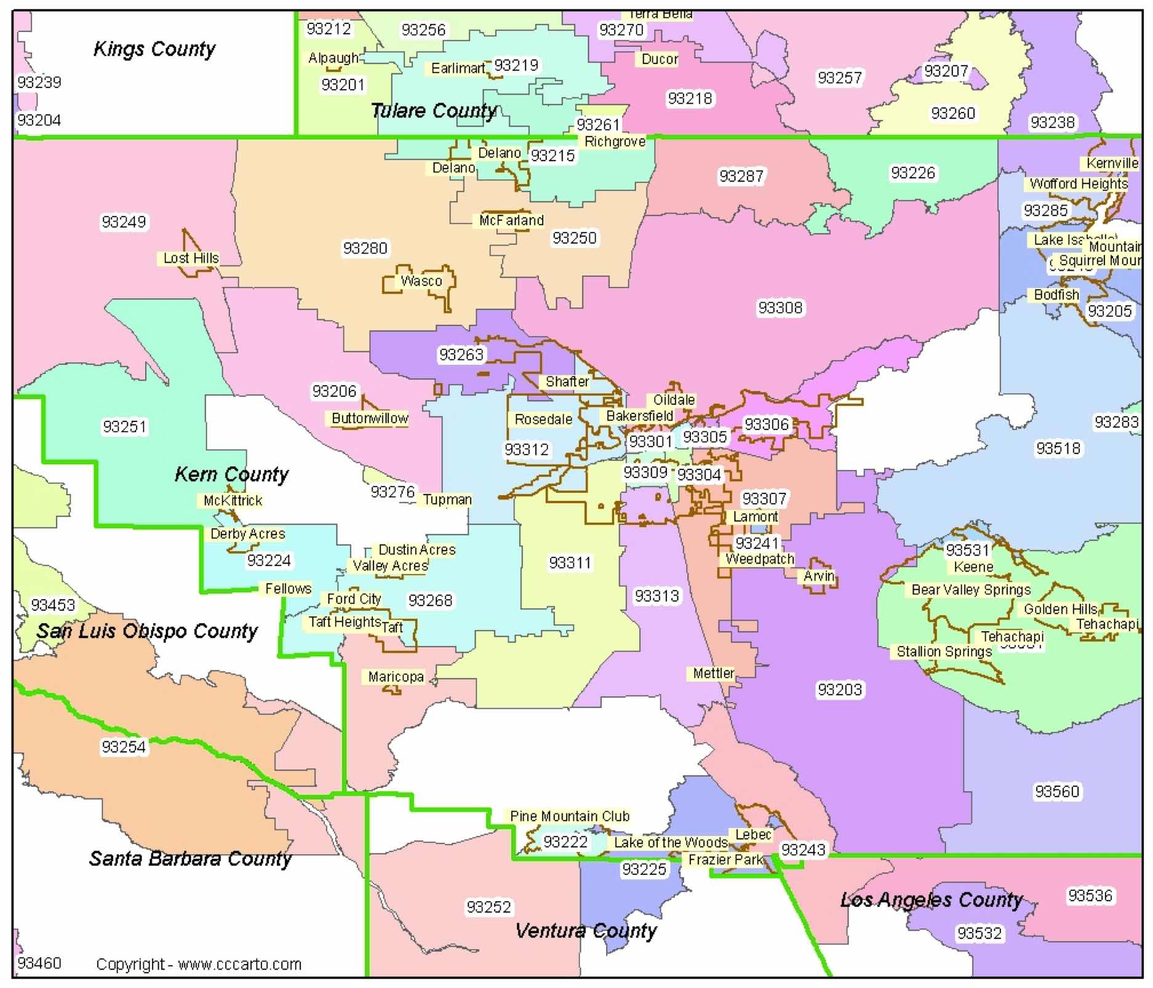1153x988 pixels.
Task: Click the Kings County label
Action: (x=154, y=49)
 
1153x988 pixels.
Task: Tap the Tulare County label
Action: (x=434, y=111)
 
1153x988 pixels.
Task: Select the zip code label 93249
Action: (x=124, y=222)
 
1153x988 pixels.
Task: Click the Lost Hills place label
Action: (x=191, y=258)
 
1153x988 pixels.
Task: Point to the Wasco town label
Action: (x=421, y=281)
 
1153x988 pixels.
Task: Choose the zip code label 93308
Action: (x=780, y=308)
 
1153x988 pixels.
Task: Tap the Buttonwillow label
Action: (x=369, y=419)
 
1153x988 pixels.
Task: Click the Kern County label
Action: (x=231, y=474)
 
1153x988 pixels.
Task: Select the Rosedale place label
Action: (x=543, y=420)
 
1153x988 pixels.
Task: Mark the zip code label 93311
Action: (x=570, y=563)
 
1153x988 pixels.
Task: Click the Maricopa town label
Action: (x=396, y=677)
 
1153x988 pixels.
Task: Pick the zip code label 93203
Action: (x=840, y=690)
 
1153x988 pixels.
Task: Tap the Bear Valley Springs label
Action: (x=971, y=590)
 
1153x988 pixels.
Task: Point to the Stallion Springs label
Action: (x=944, y=651)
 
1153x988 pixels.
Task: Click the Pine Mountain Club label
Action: (x=570, y=816)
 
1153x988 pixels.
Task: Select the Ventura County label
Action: (x=586, y=931)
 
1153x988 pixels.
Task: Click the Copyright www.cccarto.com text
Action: (x=199, y=964)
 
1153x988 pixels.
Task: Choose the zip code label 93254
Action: (x=124, y=747)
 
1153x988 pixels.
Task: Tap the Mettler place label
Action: (x=713, y=674)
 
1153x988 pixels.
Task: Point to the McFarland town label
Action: (x=511, y=220)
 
